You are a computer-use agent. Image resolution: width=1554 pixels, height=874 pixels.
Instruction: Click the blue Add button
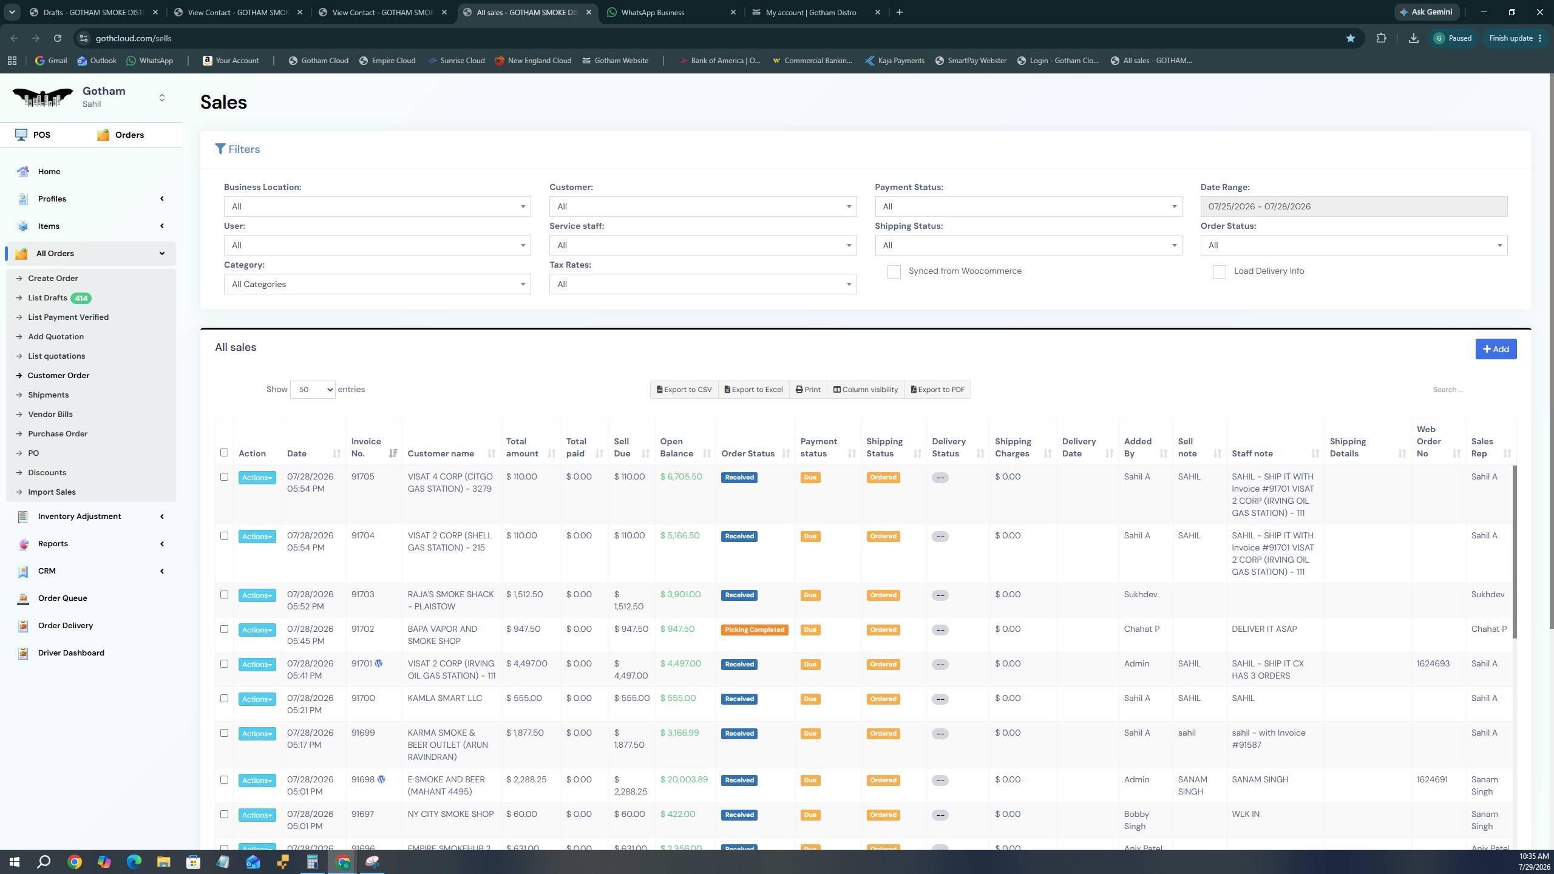pos(1496,349)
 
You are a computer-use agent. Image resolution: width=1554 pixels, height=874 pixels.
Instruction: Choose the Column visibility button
pos(865,390)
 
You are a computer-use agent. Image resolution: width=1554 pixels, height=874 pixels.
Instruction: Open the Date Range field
pos(1354,206)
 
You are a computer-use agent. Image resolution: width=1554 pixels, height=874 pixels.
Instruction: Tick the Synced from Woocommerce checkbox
pos(894,271)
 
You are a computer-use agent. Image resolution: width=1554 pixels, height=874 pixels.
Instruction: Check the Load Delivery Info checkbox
pos(1219,271)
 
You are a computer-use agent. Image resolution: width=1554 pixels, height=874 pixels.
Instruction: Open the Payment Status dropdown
pos(1028,206)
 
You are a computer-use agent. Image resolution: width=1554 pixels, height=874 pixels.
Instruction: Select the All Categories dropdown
pos(377,284)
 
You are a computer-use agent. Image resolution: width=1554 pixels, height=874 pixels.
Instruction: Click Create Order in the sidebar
pos(53,279)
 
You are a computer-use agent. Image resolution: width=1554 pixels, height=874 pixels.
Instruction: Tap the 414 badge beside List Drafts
pos(81,298)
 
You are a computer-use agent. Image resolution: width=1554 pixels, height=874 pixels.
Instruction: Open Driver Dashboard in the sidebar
pos(71,653)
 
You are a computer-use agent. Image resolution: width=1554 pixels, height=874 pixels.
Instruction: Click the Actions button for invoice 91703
pos(257,595)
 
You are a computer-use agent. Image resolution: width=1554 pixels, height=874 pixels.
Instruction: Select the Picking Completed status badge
pos(755,629)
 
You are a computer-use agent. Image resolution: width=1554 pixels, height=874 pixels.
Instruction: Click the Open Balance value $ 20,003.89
pos(684,779)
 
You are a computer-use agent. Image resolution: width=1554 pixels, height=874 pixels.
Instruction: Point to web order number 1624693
pos(1433,663)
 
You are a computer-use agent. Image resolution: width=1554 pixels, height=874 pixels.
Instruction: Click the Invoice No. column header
pos(366,447)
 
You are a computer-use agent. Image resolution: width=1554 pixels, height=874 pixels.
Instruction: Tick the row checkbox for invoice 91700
pos(224,699)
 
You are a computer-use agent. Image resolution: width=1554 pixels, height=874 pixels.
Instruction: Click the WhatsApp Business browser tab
pos(653,12)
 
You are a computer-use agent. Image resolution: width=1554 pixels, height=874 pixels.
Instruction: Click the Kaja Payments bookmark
pos(895,61)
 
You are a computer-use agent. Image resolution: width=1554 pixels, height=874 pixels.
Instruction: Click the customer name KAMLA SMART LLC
pos(445,698)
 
